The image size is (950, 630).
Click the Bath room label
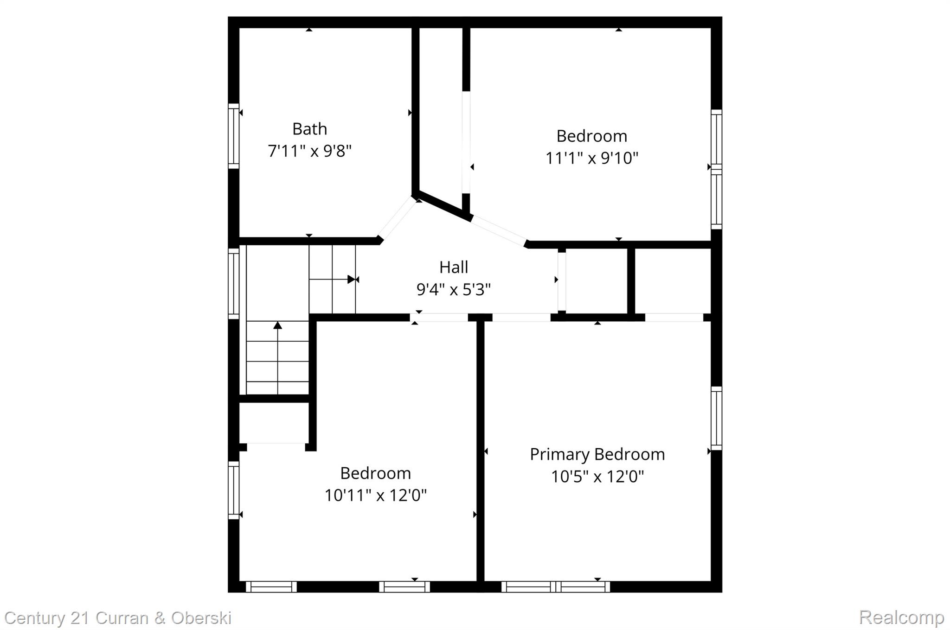point(309,129)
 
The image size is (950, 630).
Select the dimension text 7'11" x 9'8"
point(309,151)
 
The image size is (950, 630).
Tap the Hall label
point(453,267)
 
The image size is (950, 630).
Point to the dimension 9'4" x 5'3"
point(453,290)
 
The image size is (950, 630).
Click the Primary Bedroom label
point(597,454)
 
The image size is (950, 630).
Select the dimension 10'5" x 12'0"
point(597,477)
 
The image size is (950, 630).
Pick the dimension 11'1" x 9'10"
point(591,159)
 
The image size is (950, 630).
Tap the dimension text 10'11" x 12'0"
point(375,496)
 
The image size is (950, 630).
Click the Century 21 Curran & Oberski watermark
point(118,618)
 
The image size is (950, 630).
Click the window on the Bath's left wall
point(233,136)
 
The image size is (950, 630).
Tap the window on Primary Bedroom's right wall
point(716,418)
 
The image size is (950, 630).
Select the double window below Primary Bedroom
point(556,587)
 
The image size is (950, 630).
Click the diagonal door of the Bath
point(397,218)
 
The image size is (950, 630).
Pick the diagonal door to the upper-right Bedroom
point(499,231)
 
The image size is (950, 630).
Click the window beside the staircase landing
point(233,284)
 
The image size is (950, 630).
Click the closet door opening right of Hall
point(562,281)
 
